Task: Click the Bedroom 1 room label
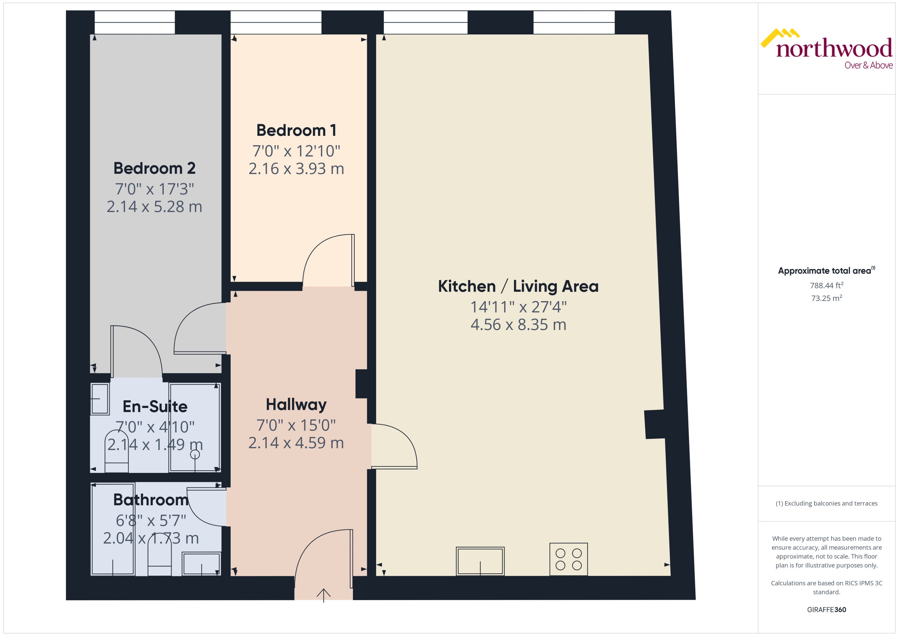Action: [x=296, y=130]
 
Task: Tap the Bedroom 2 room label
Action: [x=154, y=168]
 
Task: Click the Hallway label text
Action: [x=296, y=405]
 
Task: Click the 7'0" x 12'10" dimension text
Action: [x=296, y=151]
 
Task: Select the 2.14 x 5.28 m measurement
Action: [x=154, y=207]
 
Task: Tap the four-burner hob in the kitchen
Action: [x=568, y=559]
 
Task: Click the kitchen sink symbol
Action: [x=480, y=561]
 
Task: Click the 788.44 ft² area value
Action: [x=827, y=286]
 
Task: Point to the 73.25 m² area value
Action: [x=827, y=298]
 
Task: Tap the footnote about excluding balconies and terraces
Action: [x=827, y=504]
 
